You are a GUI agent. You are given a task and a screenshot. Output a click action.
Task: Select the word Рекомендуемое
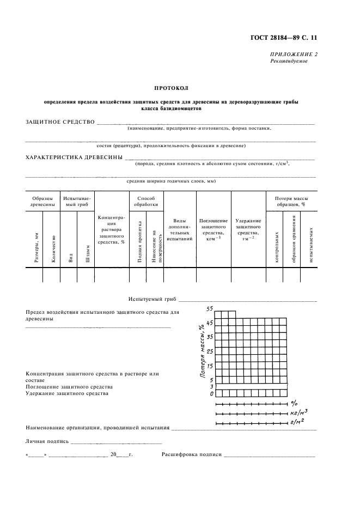[289, 62]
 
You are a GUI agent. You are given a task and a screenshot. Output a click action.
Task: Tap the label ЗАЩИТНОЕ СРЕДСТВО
[60, 122]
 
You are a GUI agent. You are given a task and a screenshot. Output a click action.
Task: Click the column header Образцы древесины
[42, 202]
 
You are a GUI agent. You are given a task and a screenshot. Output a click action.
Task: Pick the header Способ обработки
[147, 202]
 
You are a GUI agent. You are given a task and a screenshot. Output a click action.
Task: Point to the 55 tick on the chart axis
[210, 308]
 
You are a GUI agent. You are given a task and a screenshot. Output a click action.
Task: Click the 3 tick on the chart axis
[211, 386]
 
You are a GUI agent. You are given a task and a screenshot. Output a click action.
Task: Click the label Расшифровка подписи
[191, 454]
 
